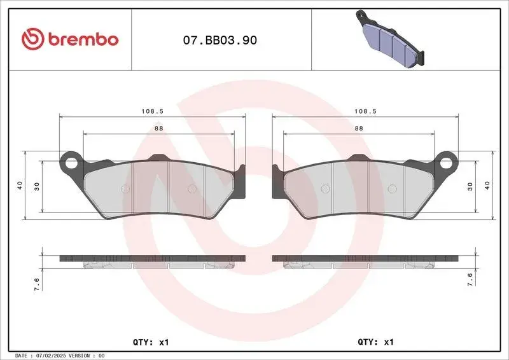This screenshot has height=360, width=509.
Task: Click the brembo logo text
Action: coord(83,39)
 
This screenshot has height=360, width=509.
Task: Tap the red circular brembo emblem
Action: coord(33,39)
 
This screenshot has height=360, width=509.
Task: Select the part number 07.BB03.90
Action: coord(220,40)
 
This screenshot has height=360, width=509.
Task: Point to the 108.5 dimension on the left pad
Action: coord(153,111)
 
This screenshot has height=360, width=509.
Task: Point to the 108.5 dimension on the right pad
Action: coord(365,111)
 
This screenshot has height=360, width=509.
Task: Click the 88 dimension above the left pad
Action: coord(158,128)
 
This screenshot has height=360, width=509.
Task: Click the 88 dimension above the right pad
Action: coord(359,128)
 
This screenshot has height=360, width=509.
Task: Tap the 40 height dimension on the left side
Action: coord(20,185)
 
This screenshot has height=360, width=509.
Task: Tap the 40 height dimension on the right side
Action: coord(487,185)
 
